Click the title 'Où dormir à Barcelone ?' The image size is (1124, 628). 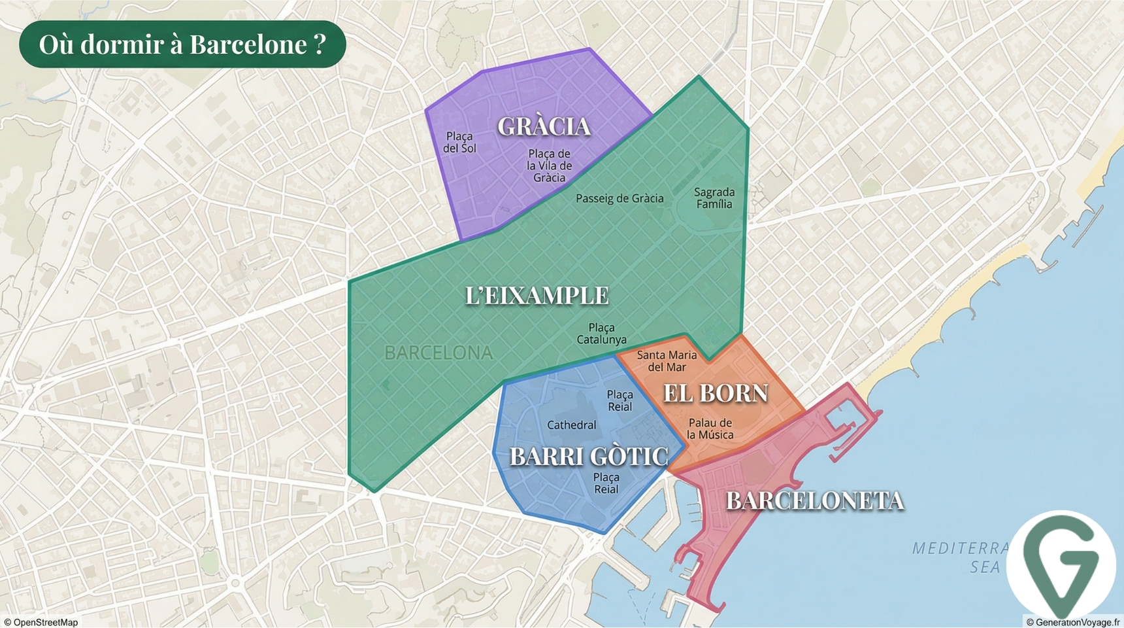(x=182, y=44)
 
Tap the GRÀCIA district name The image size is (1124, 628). (x=544, y=126)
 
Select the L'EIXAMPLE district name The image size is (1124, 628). (x=537, y=296)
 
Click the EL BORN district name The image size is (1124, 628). (x=716, y=393)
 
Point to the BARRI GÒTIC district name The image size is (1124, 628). (x=588, y=456)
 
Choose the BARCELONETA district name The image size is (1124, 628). (x=814, y=500)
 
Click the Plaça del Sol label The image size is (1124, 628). (x=459, y=142)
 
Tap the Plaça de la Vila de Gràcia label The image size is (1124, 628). (x=550, y=166)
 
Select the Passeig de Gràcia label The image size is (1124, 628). (x=620, y=198)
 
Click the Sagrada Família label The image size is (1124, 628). (x=714, y=198)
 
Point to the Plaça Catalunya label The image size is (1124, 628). (x=601, y=334)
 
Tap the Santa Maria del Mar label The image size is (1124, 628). (x=667, y=361)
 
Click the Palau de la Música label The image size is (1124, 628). (x=710, y=428)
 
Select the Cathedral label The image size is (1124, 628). (x=571, y=425)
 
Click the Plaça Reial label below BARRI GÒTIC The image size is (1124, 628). (x=606, y=483)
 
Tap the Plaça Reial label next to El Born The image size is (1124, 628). (x=620, y=400)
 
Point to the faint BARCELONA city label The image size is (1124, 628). (x=438, y=353)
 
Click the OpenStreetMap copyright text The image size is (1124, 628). (x=41, y=622)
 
